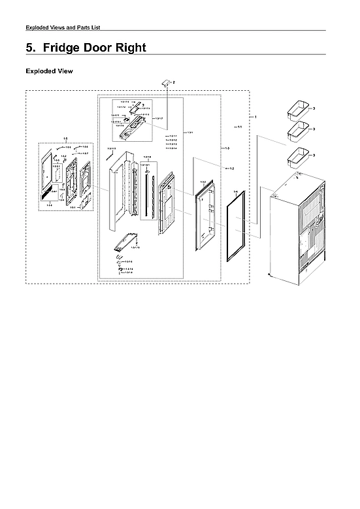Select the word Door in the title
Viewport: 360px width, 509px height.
point(97,48)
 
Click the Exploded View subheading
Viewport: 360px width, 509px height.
point(49,71)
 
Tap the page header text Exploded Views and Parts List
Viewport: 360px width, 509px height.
point(62,27)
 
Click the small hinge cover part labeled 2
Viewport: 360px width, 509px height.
point(166,82)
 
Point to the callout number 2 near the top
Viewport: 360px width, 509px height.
point(174,82)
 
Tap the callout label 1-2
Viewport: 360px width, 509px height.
point(231,169)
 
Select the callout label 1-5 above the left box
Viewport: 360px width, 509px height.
point(65,138)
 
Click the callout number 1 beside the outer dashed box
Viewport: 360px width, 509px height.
point(255,116)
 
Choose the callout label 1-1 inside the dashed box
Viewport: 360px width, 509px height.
point(240,127)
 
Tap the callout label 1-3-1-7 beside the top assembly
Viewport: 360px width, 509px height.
point(158,118)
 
